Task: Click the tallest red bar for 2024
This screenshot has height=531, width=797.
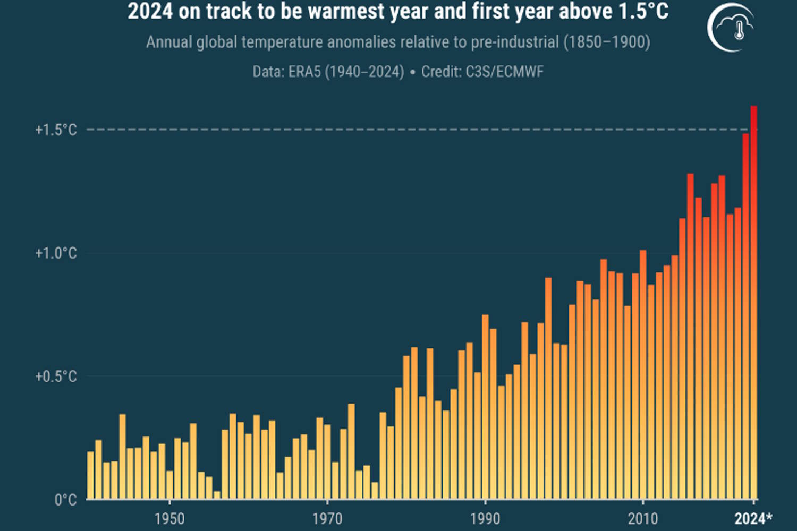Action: click(x=753, y=303)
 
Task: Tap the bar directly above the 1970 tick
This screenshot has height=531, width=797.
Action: click(x=327, y=461)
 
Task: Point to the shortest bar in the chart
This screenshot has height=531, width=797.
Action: click(x=217, y=495)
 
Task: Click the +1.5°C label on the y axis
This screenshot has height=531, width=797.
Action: click(x=56, y=130)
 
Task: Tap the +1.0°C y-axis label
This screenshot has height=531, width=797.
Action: click(x=56, y=253)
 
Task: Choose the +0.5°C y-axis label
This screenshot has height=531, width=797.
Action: click(x=56, y=376)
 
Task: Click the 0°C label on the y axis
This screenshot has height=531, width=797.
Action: click(x=65, y=500)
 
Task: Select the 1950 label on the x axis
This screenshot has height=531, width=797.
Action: click(x=169, y=518)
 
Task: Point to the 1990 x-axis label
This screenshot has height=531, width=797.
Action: click(x=485, y=518)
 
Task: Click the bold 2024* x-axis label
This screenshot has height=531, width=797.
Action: click(x=753, y=518)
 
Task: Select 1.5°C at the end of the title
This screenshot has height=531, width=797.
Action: click(x=643, y=12)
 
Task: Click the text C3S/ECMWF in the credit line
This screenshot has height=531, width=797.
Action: click(x=504, y=72)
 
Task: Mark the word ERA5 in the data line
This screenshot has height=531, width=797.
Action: click(x=304, y=72)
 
